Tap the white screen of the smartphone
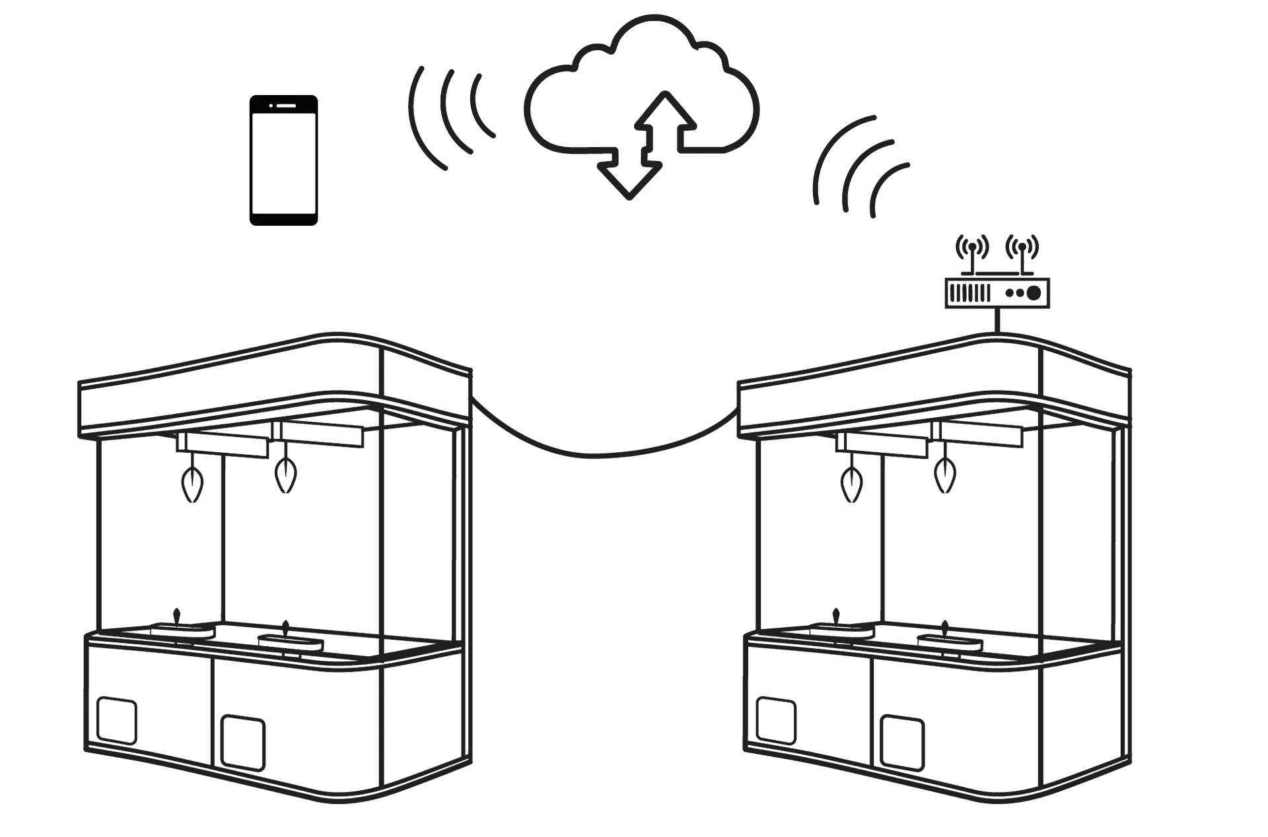point(284,163)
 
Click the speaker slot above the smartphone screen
point(286,106)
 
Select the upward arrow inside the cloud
point(665,119)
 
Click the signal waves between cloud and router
point(859,168)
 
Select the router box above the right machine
point(996,294)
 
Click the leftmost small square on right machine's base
point(776,719)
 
